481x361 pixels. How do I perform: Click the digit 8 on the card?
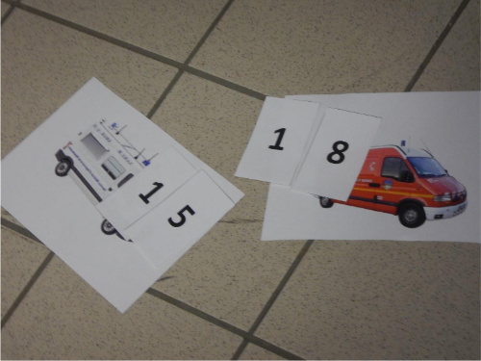pos(338,152)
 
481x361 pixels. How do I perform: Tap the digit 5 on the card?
pos(181,217)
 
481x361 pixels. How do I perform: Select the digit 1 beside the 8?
pos(278,139)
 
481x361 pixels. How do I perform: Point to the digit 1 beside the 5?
pos(151,192)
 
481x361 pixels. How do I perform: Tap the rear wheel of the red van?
pos(325,202)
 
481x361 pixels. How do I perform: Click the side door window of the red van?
pos(393,168)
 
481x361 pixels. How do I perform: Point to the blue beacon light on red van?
pos(404,142)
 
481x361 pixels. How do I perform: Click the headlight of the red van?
pos(443,198)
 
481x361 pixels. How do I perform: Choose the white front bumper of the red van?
pos(450,210)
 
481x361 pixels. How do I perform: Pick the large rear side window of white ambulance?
pos(90,143)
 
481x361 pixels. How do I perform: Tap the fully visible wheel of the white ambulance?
pos(63,167)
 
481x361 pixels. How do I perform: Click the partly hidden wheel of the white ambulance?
pos(108,226)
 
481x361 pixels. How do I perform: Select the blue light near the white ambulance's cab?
pos(147,163)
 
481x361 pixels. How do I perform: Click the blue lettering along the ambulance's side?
pos(85,168)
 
